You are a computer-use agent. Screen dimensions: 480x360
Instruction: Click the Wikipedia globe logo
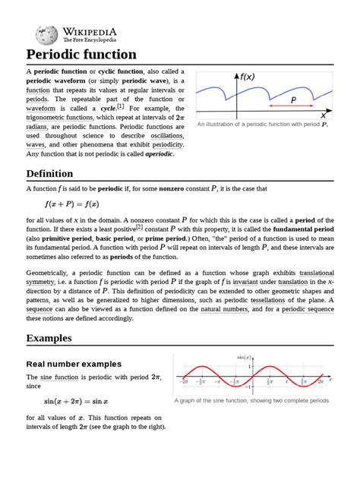pyautogui.click(x=47, y=34)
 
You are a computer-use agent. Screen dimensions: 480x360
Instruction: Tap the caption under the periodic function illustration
pyautogui.click(x=273, y=125)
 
